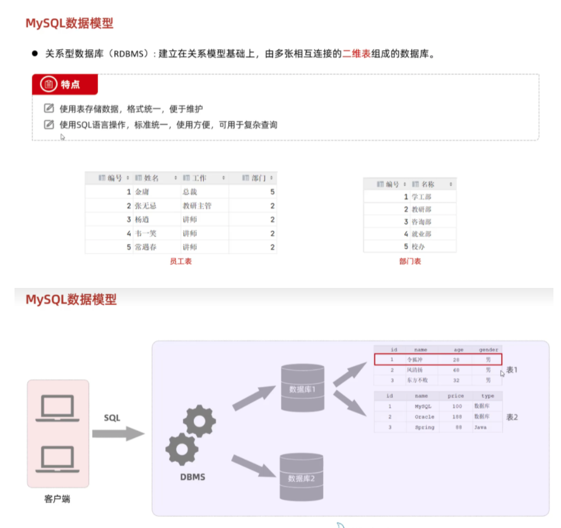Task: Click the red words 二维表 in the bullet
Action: point(357,54)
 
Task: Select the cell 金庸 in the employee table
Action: point(142,192)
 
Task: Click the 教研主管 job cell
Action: point(197,205)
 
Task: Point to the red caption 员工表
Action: point(180,261)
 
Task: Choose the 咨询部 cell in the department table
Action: point(422,222)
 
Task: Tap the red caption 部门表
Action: point(410,261)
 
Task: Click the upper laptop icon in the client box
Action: point(57,408)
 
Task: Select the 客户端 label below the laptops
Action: point(57,499)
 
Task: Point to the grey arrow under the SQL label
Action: point(118,433)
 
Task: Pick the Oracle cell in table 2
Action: point(424,417)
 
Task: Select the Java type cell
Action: point(481,427)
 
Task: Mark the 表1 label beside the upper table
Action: point(512,370)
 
